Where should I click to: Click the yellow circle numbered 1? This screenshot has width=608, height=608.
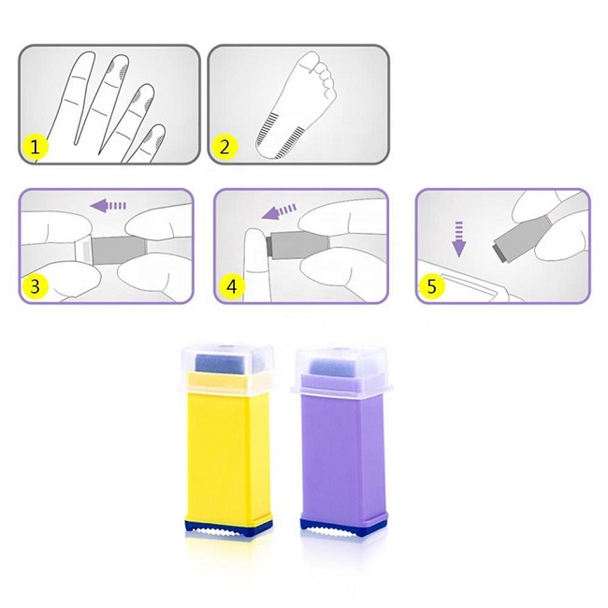36,147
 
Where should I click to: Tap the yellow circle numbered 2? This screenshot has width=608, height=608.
224,147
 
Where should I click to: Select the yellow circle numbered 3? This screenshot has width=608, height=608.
36,286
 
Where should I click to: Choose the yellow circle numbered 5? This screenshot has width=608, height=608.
431,286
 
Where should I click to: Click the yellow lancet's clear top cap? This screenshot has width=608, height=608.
221,366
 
